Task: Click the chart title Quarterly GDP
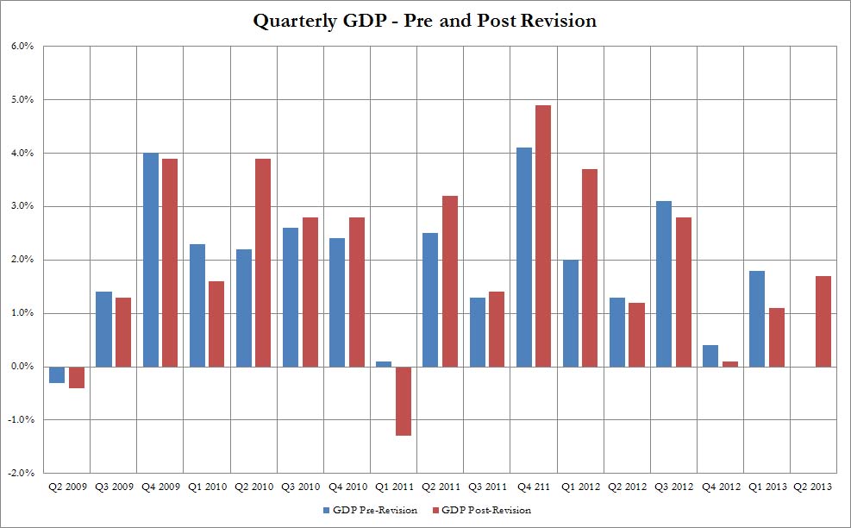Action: [x=424, y=22]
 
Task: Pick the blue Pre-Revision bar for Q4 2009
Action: [x=151, y=260]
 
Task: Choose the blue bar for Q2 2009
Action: [x=57, y=374]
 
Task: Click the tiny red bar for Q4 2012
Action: [x=730, y=364]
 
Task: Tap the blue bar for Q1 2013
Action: [x=757, y=318]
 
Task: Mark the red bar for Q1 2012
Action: [x=591, y=267]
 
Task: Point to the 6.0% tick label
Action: [x=22, y=47]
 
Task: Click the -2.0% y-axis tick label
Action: [x=20, y=473]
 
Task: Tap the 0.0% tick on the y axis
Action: [x=22, y=367]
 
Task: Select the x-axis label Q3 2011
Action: [x=485, y=487]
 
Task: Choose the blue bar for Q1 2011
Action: [x=384, y=364]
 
